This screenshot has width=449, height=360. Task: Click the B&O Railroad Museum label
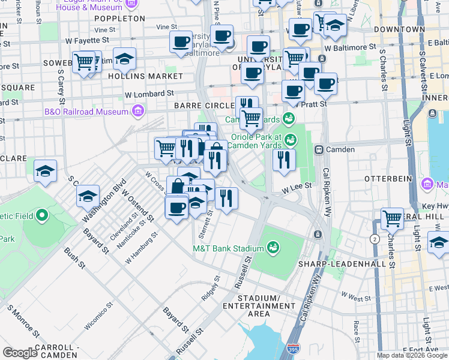[86, 112]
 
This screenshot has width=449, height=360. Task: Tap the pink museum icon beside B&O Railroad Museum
[138, 112]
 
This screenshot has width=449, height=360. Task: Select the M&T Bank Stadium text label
[228, 248]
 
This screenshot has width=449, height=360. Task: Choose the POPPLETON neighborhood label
[119, 19]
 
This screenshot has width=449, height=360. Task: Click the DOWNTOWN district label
[396, 29]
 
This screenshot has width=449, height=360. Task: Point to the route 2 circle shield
[376, 239]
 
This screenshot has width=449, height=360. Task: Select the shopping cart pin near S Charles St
[392, 218]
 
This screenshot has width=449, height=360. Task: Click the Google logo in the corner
[20, 353]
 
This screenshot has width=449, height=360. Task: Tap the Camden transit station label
[340, 149]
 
